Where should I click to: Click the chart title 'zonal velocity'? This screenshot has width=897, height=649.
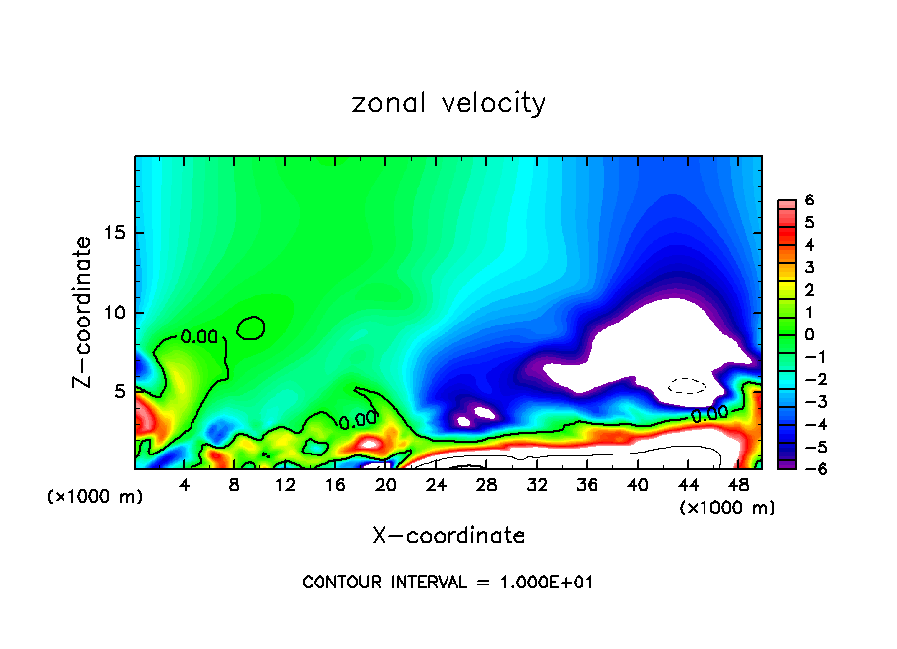click(448, 103)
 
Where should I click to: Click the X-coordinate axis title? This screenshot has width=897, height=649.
click(448, 536)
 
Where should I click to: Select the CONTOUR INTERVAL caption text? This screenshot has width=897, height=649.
click(448, 583)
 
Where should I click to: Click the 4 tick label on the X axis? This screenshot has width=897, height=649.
click(185, 486)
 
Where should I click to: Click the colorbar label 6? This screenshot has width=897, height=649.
click(810, 200)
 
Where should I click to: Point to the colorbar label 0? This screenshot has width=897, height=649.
click(810, 334)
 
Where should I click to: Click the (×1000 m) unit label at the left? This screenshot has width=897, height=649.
click(95, 497)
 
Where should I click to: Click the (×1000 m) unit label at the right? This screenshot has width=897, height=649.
click(726, 508)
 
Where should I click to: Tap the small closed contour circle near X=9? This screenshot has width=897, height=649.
click(252, 327)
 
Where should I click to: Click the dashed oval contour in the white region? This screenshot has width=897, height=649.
click(687, 385)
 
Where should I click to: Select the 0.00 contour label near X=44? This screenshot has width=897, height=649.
click(710, 412)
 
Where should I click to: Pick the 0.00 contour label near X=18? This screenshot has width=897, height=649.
click(358, 421)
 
